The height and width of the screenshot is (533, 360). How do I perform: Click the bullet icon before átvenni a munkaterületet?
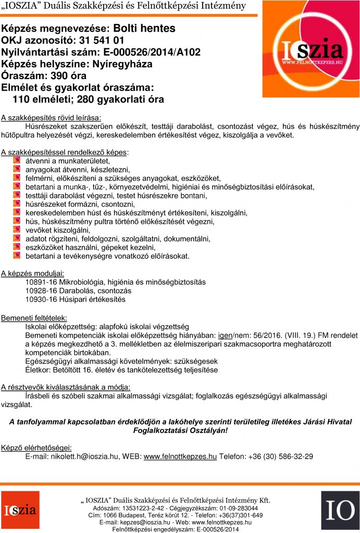(x=16, y=161)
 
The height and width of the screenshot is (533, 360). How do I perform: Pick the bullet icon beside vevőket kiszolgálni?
(x=16, y=230)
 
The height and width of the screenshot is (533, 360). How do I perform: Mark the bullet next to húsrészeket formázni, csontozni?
(x=16, y=204)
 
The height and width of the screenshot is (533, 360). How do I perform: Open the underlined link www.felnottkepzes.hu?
(x=180, y=456)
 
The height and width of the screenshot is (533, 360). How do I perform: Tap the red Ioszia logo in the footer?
(x=20, y=510)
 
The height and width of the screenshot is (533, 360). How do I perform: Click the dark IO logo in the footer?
(x=340, y=510)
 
